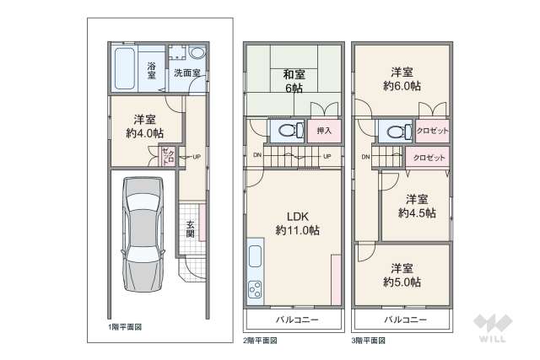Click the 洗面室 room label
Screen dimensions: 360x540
(x=186, y=73)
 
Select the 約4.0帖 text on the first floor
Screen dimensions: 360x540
(x=144, y=132)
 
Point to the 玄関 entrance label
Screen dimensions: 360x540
(x=191, y=228)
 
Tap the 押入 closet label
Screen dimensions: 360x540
(x=324, y=131)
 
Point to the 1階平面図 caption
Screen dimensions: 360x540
(x=124, y=327)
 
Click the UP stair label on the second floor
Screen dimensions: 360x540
(x=327, y=156)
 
